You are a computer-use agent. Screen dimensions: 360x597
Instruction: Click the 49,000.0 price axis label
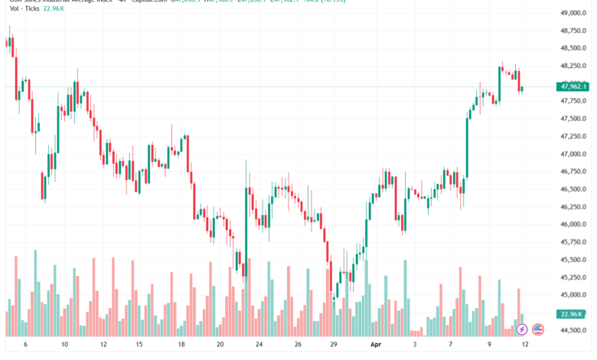coord(573,14)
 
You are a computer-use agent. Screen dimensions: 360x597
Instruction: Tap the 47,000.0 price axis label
coord(573,154)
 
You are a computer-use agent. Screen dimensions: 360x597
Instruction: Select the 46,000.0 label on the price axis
coord(573,224)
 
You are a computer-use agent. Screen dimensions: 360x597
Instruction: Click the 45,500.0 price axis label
coord(573,260)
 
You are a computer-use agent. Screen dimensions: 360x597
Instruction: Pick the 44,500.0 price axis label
coord(573,330)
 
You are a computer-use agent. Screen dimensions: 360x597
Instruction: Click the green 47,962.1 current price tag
coord(573,87)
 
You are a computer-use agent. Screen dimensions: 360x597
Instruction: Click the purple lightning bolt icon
coord(522,329)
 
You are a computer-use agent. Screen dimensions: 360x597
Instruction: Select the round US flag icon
coord(537,329)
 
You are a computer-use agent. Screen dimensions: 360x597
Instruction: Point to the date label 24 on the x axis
coord(259,345)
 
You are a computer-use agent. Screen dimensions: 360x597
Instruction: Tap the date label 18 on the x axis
coord(181,345)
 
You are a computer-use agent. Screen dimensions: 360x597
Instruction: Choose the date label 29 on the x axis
coord(334,345)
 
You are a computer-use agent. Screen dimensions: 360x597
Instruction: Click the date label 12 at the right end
coord(524,345)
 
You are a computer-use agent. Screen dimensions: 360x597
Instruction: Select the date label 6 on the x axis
coord(25,345)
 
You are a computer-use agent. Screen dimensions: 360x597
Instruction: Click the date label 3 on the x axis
coord(414,345)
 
